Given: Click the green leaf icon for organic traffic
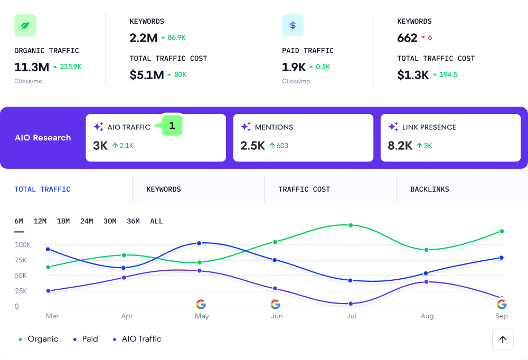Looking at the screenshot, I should click(x=25, y=25).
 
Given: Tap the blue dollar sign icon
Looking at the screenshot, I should click(x=293, y=25).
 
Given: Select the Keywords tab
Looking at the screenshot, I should click(x=164, y=190).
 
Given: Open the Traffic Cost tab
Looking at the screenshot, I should click(x=304, y=190).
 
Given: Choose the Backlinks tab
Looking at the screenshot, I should click(x=430, y=190).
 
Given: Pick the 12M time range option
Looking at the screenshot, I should click(x=40, y=221).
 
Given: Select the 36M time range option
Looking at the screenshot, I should click(x=133, y=221).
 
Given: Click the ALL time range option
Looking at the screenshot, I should click(x=156, y=221).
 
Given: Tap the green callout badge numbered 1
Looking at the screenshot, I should click(x=172, y=126).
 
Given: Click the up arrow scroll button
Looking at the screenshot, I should click(x=502, y=339).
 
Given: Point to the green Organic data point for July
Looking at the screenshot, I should click(x=350, y=225).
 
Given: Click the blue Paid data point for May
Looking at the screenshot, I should click(x=199, y=243).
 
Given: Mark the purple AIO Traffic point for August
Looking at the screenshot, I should click(x=426, y=282).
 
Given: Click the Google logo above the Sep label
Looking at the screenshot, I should click(x=502, y=304).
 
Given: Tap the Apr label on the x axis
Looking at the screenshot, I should click(x=127, y=316).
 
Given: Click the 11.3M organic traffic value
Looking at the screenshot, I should click(x=32, y=67).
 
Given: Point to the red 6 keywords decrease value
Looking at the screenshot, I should click(x=430, y=38).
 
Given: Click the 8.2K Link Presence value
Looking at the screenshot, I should click(x=400, y=146).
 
